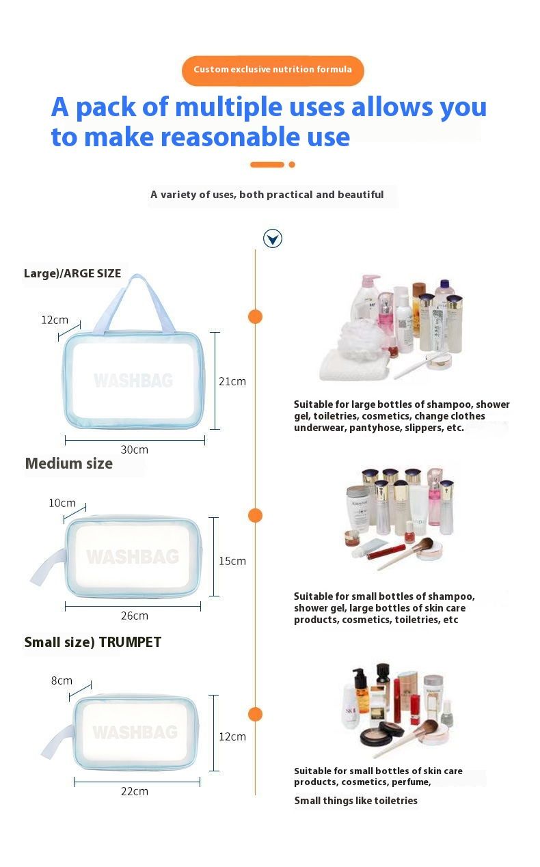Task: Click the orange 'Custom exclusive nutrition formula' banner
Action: tap(273, 70)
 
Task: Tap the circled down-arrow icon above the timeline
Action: tap(273, 238)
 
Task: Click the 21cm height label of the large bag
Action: tap(232, 382)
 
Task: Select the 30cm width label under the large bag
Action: tap(135, 450)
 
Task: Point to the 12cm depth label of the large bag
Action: tap(55, 320)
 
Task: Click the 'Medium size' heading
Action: tap(69, 464)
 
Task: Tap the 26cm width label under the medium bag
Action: tap(135, 616)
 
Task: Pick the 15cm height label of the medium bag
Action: tap(232, 561)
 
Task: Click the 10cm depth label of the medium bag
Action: tap(62, 503)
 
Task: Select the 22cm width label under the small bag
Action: tap(135, 792)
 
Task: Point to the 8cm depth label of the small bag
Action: tap(62, 681)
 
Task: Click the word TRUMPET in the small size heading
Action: tap(130, 642)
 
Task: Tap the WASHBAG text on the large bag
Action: tap(133, 381)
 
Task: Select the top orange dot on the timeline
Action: tap(255, 316)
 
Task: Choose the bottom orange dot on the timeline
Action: tap(255, 714)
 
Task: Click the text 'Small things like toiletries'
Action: tap(355, 801)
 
